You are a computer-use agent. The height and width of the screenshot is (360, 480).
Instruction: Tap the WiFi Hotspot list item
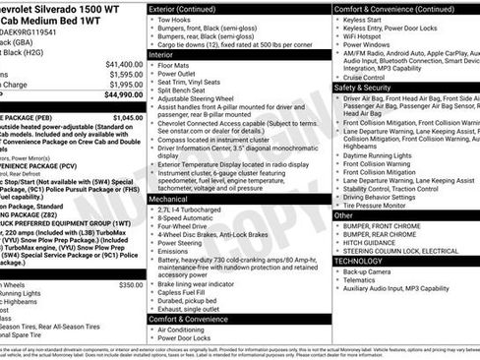[x=371, y=34]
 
